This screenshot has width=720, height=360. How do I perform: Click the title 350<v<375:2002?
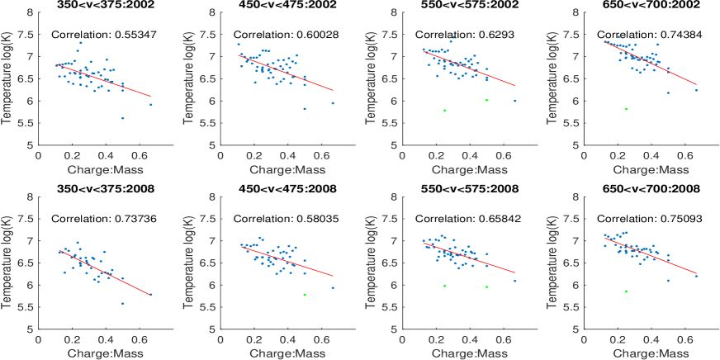[95, 4]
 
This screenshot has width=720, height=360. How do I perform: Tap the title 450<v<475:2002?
[277, 4]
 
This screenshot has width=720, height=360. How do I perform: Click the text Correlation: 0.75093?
[639, 219]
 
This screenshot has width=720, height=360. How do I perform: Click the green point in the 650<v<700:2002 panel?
[626, 109]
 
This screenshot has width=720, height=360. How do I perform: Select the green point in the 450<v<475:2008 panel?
[305, 294]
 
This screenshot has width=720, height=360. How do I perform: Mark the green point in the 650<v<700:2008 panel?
[626, 291]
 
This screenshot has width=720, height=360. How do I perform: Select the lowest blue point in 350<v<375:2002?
[122, 118]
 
